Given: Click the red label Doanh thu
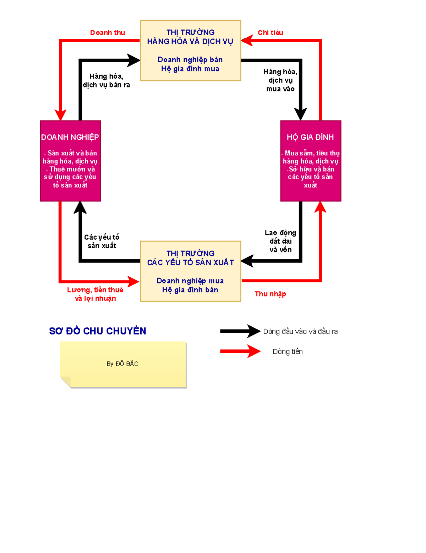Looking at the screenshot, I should click(x=108, y=33).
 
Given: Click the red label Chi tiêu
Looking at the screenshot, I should click(x=271, y=33).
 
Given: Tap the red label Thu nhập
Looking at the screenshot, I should click(x=270, y=294).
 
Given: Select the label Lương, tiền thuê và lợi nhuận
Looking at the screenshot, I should click(x=95, y=294).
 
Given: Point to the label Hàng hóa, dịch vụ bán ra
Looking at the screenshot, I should click(x=106, y=80).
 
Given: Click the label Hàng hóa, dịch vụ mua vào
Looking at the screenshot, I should click(x=280, y=80).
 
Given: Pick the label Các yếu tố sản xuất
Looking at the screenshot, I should click(x=102, y=241).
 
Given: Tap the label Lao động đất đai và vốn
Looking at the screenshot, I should click(x=280, y=241).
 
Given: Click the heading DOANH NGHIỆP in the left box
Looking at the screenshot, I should click(x=70, y=137).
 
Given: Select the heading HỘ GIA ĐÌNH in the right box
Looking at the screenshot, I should click(x=310, y=137).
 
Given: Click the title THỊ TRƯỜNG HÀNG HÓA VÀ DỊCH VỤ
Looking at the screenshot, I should click(x=190, y=37).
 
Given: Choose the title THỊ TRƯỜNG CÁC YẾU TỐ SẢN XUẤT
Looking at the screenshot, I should click(x=191, y=258).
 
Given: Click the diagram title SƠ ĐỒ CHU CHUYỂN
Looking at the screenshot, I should click(x=98, y=331).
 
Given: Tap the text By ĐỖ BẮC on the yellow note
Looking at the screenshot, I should click(x=122, y=364).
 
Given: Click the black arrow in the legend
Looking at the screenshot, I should click(x=240, y=331).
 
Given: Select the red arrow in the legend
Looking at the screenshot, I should click(x=240, y=351).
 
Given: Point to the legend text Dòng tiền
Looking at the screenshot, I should click(x=288, y=352).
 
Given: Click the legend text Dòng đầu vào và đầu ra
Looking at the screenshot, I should click(x=300, y=331).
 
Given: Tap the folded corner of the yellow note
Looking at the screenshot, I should click(x=65, y=382).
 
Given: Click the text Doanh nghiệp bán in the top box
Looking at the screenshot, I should click(x=190, y=60).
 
